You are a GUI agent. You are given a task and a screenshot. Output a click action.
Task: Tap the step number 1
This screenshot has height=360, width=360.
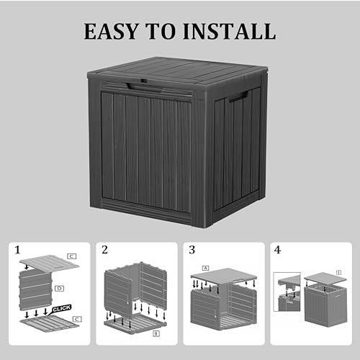pos(18,251)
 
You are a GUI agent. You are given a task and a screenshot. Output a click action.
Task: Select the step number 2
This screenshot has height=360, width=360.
pos(105,251)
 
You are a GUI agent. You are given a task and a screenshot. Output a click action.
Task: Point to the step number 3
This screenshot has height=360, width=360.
pos(192,251)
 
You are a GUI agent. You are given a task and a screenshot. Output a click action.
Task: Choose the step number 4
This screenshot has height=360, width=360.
pos(278,251)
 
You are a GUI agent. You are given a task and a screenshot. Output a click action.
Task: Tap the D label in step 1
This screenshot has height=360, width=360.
pos(59,287)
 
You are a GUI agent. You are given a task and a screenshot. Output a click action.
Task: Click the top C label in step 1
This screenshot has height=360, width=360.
pos(71,256)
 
